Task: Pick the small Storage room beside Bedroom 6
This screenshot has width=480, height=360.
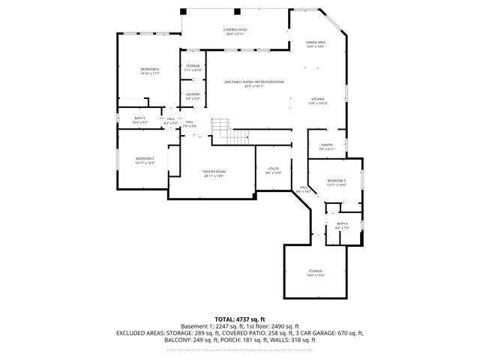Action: pyautogui.click(x=193, y=67)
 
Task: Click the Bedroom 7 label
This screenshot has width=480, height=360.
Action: pyautogui.click(x=145, y=160)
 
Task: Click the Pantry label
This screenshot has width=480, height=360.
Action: pyautogui.click(x=326, y=146)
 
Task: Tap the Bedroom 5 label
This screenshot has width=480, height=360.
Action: pyautogui.click(x=336, y=182)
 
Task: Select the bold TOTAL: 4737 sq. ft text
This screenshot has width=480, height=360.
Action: pyautogui.click(x=240, y=319)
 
